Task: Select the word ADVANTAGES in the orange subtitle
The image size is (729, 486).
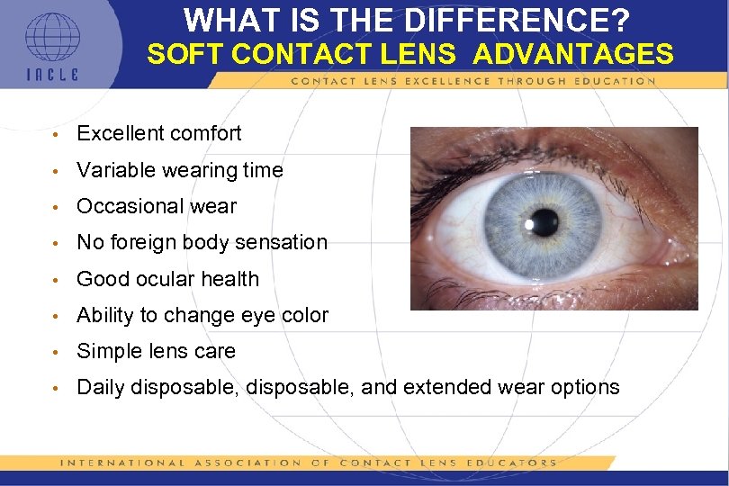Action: pyautogui.click(x=572, y=55)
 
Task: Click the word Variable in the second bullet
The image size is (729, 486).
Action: pyautogui.click(x=112, y=170)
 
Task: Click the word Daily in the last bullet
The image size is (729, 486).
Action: pyautogui.click(x=101, y=388)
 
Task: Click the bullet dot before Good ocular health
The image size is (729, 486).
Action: pyautogui.click(x=56, y=280)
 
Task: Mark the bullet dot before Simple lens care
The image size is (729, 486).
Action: pyautogui.click(x=56, y=352)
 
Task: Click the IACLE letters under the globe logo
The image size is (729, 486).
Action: pyautogui.click(x=51, y=75)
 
